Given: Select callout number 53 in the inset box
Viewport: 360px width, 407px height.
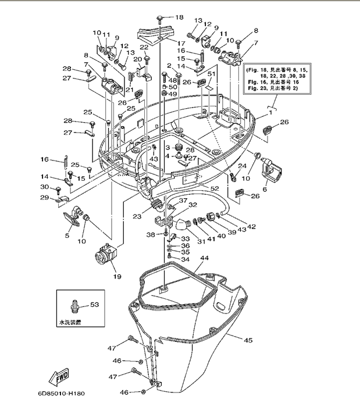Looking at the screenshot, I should point(95,304).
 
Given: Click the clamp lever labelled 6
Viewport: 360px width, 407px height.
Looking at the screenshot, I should point(274,168).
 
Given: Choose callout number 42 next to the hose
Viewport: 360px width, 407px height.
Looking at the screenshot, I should point(252,227).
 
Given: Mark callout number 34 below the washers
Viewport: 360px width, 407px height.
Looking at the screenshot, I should point(186,259).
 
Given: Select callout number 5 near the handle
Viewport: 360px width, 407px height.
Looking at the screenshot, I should point(67,235).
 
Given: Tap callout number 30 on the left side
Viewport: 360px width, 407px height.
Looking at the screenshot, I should point(44,187).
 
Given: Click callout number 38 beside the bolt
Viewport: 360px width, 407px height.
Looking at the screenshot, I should point(150,234).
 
